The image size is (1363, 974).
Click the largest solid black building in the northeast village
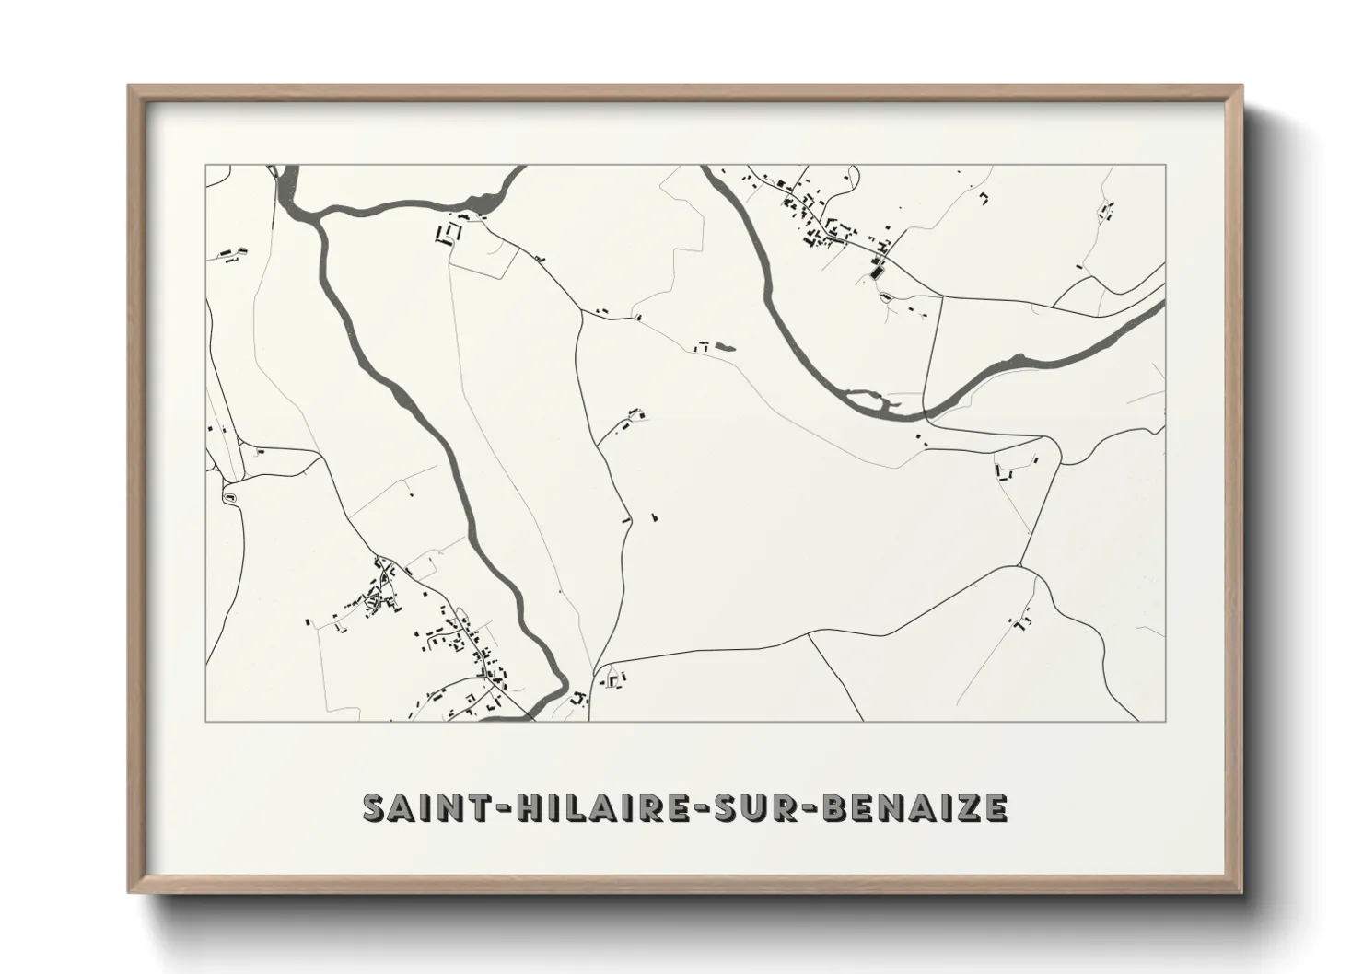pyautogui.click(x=876, y=271)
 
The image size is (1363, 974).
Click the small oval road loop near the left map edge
pyautogui.click(x=229, y=497)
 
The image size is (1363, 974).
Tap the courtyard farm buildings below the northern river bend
pyautogui.click(x=449, y=230)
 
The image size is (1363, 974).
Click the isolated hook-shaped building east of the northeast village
pyautogui.click(x=984, y=197)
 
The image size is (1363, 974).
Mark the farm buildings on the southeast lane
pyautogui.click(x=1020, y=622)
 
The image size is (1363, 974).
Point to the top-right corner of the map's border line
pyautogui.click(x=1165, y=166)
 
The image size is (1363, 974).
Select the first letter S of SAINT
pyautogui.click(x=375, y=807)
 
